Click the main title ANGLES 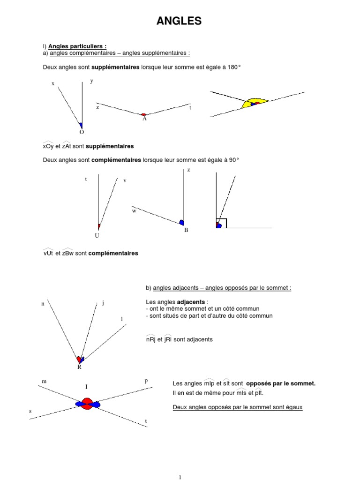tap(179, 21)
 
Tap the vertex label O tap(82, 133)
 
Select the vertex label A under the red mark tap(144, 119)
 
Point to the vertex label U tap(97, 235)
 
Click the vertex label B tap(186, 230)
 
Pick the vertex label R tap(79, 367)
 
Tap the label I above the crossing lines tap(86, 387)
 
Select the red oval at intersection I tap(86, 404)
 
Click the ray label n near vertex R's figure tap(43, 304)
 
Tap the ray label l tap(122, 319)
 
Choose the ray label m tap(44, 382)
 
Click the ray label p tap(146, 381)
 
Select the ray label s tap(30, 411)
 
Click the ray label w tap(134, 211)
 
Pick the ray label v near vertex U tap(125, 180)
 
